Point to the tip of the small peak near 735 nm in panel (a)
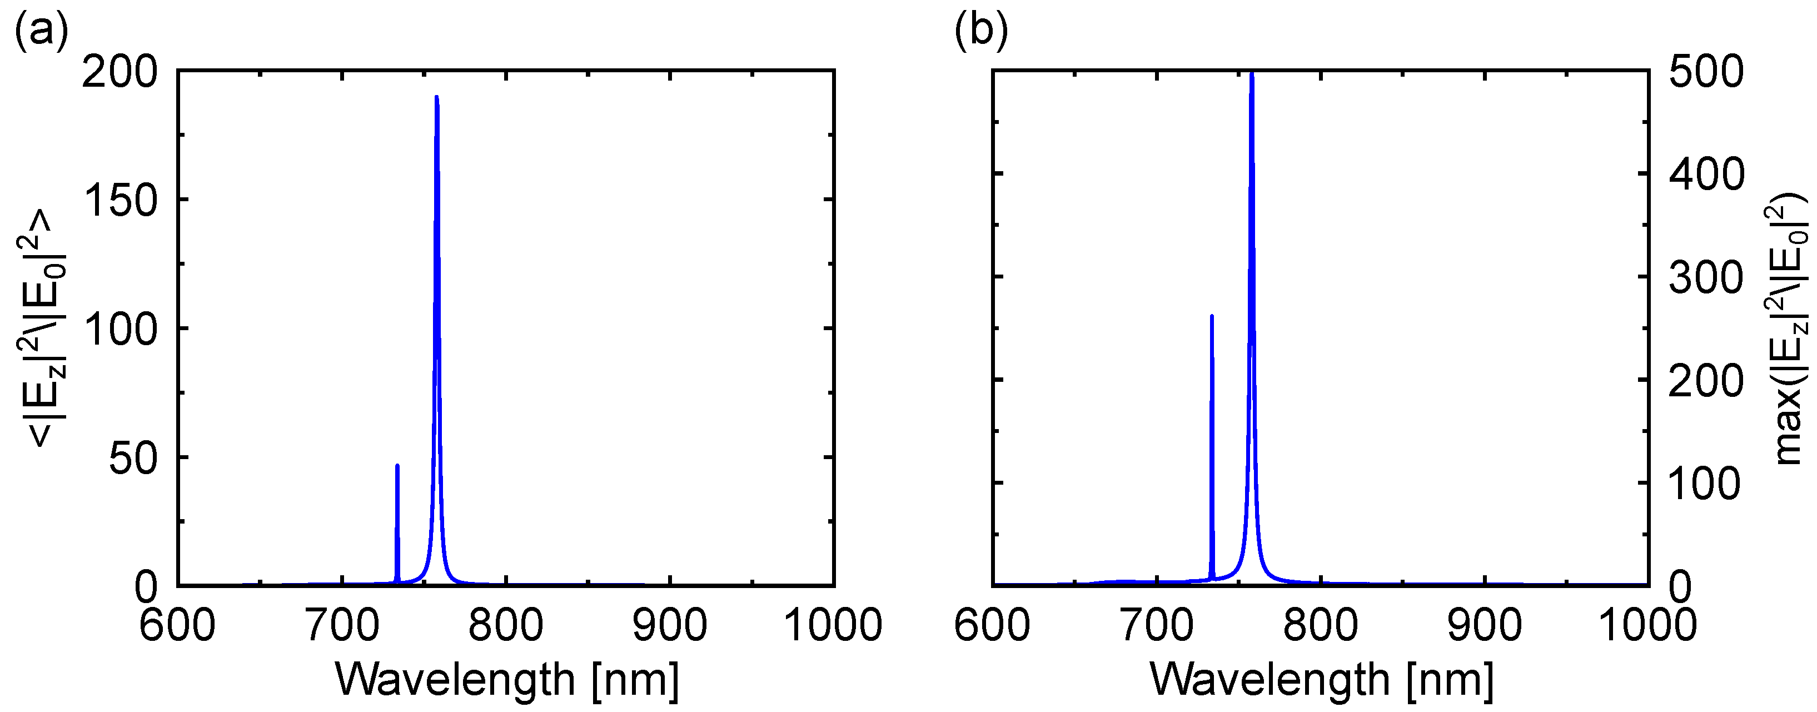click(397, 466)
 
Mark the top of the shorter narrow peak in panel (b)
click(1212, 316)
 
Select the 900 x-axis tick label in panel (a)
click(669, 625)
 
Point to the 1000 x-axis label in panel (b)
click(1647, 625)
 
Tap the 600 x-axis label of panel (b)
click(993, 625)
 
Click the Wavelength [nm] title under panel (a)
click(507, 680)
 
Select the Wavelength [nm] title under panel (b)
click(1322, 680)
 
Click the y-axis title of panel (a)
click(42, 328)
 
